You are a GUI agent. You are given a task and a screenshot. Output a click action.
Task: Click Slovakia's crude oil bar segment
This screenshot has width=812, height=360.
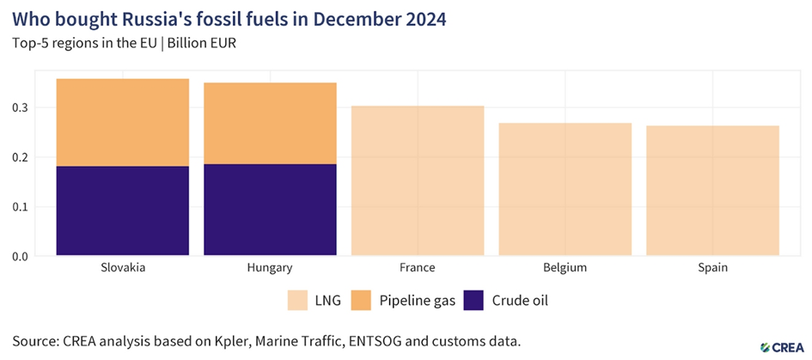pyautogui.click(x=122, y=211)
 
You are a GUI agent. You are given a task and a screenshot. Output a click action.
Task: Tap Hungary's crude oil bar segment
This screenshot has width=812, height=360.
pyautogui.click(x=270, y=210)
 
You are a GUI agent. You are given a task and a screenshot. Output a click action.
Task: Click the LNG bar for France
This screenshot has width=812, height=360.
pyautogui.click(x=418, y=180)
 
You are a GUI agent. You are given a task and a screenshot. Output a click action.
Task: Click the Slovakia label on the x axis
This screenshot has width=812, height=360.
pyautogui.click(x=122, y=268)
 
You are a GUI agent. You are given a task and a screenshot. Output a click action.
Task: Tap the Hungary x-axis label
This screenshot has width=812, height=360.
pyautogui.click(x=270, y=268)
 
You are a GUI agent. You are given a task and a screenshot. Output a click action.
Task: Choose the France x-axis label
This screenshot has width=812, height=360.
pyautogui.click(x=418, y=268)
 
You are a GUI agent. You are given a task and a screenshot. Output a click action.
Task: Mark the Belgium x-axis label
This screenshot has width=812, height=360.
pyautogui.click(x=565, y=268)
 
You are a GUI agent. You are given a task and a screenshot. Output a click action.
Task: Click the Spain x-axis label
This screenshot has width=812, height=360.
pyautogui.click(x=712, y=268)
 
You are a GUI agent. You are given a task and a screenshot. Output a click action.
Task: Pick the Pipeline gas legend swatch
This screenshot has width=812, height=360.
pyautogui.click(x=359, y=300)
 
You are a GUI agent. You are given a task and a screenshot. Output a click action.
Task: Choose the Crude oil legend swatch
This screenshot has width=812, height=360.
pyautogui.click(x=474, y=300)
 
